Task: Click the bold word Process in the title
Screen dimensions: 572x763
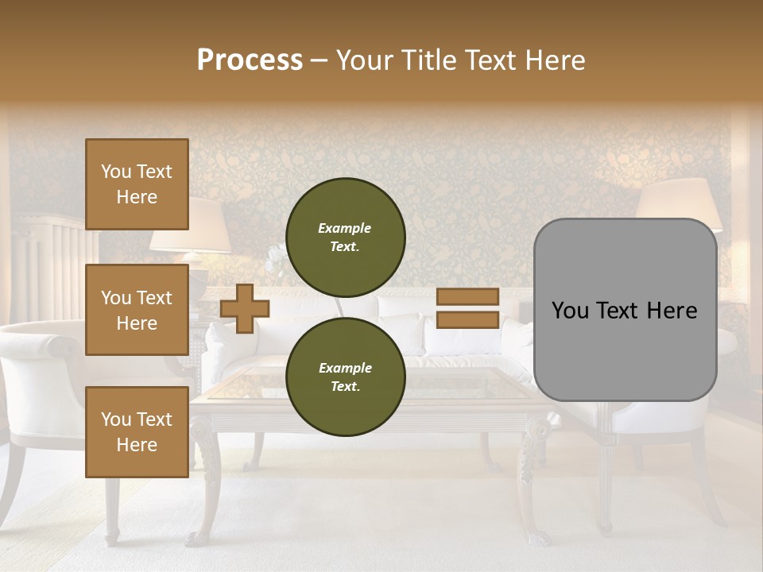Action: [x=250, y=60]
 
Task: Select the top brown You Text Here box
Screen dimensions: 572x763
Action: [x=137, y=184]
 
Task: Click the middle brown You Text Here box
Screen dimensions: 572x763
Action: [x=137, y=310]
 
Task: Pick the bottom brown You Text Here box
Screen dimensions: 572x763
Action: [x=137, y=431]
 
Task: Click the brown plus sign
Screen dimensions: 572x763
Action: [x=245, y=308]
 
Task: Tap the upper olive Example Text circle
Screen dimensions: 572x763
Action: [x=345, y=237]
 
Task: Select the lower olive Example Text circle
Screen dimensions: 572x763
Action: [x=345, y=377]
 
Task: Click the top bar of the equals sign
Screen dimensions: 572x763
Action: [x=467, y=296]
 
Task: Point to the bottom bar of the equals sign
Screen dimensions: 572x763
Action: [x=467, y=319]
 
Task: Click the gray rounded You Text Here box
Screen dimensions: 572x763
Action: [x=625, y=310]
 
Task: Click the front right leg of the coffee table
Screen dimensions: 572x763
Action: [x=535, y=477]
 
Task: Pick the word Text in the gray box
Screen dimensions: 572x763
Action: [x=625, y=311]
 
